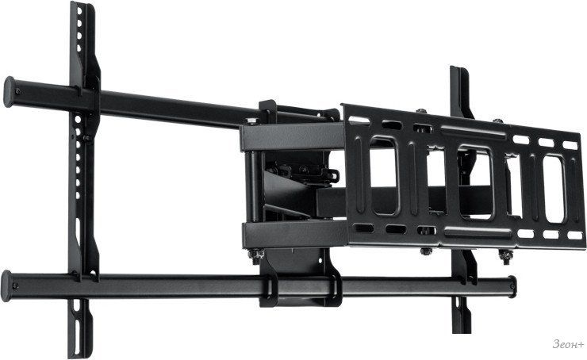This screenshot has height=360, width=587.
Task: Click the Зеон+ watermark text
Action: pos(568,344)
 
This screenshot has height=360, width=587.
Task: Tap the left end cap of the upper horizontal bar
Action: pos(9,92)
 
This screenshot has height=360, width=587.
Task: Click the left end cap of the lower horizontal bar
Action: pos(6,286)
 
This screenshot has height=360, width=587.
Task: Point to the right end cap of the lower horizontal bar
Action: pos(512,287)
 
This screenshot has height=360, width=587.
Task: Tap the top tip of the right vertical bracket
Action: pos(455,67)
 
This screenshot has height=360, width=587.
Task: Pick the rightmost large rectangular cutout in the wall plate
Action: pos(554,189)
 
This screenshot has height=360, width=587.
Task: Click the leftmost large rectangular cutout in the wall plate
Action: pos(383,175)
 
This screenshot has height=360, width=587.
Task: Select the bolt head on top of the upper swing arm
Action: pos(251,121)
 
